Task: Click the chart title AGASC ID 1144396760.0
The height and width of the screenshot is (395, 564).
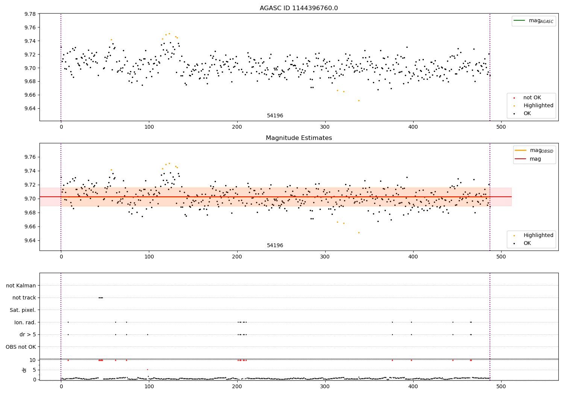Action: [x=299, y=8]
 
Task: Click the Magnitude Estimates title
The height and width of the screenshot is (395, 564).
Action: [x=299, y=138]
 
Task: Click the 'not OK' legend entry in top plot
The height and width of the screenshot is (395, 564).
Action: [x=532, y=98]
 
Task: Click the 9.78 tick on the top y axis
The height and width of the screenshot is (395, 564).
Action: [x=30, y=14]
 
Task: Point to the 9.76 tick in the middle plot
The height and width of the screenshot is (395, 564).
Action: [x=30, y=157]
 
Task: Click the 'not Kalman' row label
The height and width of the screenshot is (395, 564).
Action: [x=21, y=286]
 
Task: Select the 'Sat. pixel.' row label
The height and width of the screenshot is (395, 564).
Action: [x=23, y=310]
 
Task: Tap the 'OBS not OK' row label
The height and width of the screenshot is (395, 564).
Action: [x=21, y=347]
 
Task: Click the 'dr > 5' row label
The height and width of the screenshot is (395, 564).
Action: [x=28, y=334]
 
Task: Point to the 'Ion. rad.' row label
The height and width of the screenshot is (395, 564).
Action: [x=25, y=322]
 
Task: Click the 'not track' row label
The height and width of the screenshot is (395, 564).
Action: [x=24, y=298]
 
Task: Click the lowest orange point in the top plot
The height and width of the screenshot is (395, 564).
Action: [x=359, y=100]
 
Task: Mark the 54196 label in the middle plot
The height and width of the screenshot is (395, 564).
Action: [x=275, y=245]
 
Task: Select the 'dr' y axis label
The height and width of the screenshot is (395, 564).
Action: [x=24, y=370]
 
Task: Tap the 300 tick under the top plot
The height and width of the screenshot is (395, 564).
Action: [x=325, y=127]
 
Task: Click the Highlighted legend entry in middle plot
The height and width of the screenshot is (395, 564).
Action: [x=538, y=235]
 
